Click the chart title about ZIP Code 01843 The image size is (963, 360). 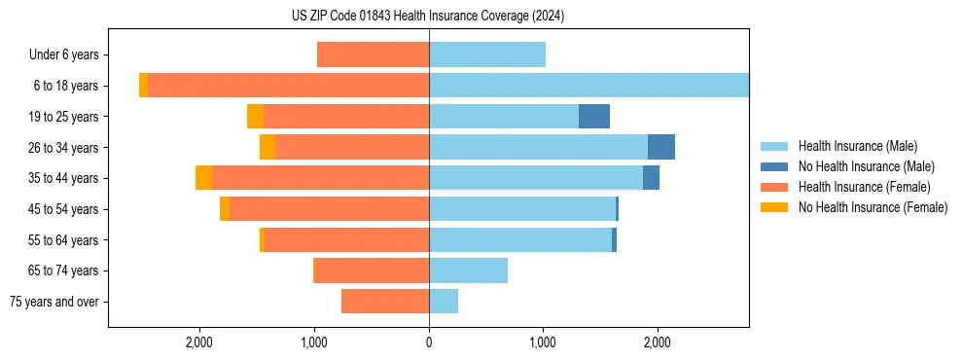(428, 16)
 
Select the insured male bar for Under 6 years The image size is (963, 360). (486, 54)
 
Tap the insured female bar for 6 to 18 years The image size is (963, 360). (288, 86)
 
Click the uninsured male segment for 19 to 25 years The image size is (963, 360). (593, 117)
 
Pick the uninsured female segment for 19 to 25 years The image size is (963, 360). (255, 117)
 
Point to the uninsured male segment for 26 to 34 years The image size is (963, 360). (660, 147)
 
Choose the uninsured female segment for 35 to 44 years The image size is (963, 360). (203, 178)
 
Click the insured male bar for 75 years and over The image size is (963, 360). (444, 302)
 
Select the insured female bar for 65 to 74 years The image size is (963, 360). (372, 270)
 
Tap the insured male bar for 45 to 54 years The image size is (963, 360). (522, 209)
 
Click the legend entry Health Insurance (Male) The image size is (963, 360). (857, 146)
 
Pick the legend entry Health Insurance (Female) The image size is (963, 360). (864, 187)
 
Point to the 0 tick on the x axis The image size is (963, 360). (429, 342)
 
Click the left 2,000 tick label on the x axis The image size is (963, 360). (199, 342)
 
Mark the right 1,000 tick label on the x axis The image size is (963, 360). (543, 342)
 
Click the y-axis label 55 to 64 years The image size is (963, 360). (63, 240)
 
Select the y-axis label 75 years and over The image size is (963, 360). (54, 302)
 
